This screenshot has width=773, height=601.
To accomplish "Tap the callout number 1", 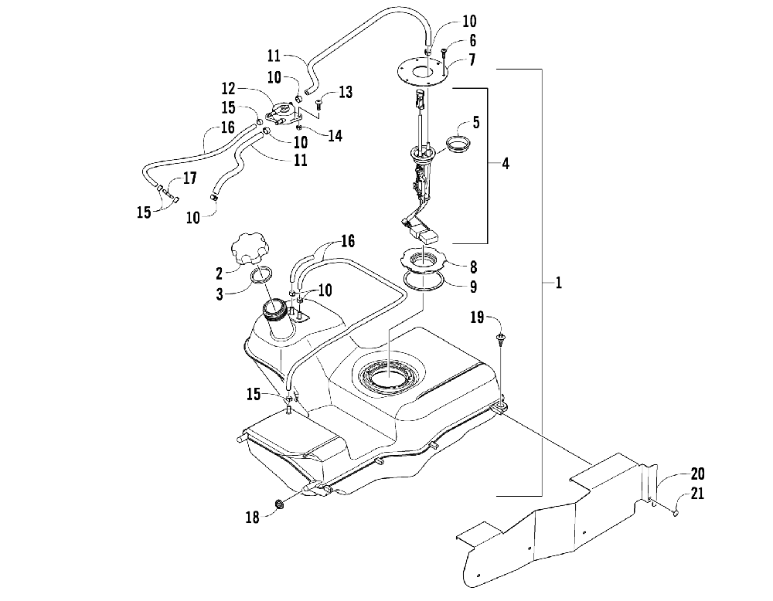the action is (558, 283).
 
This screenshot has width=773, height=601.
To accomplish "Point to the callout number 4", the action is (506, 163).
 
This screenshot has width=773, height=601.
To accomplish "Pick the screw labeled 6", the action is (444, 55).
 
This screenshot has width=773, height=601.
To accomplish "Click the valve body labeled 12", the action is (284, 114).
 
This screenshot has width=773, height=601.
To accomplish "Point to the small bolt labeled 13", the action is (318, 104).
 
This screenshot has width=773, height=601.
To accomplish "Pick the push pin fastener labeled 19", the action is (502, 339).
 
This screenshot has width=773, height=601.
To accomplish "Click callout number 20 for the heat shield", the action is (697, 474).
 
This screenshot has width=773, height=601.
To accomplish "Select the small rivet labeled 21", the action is (675, 514).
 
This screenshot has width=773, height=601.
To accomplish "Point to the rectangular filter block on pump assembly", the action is (429, 236).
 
